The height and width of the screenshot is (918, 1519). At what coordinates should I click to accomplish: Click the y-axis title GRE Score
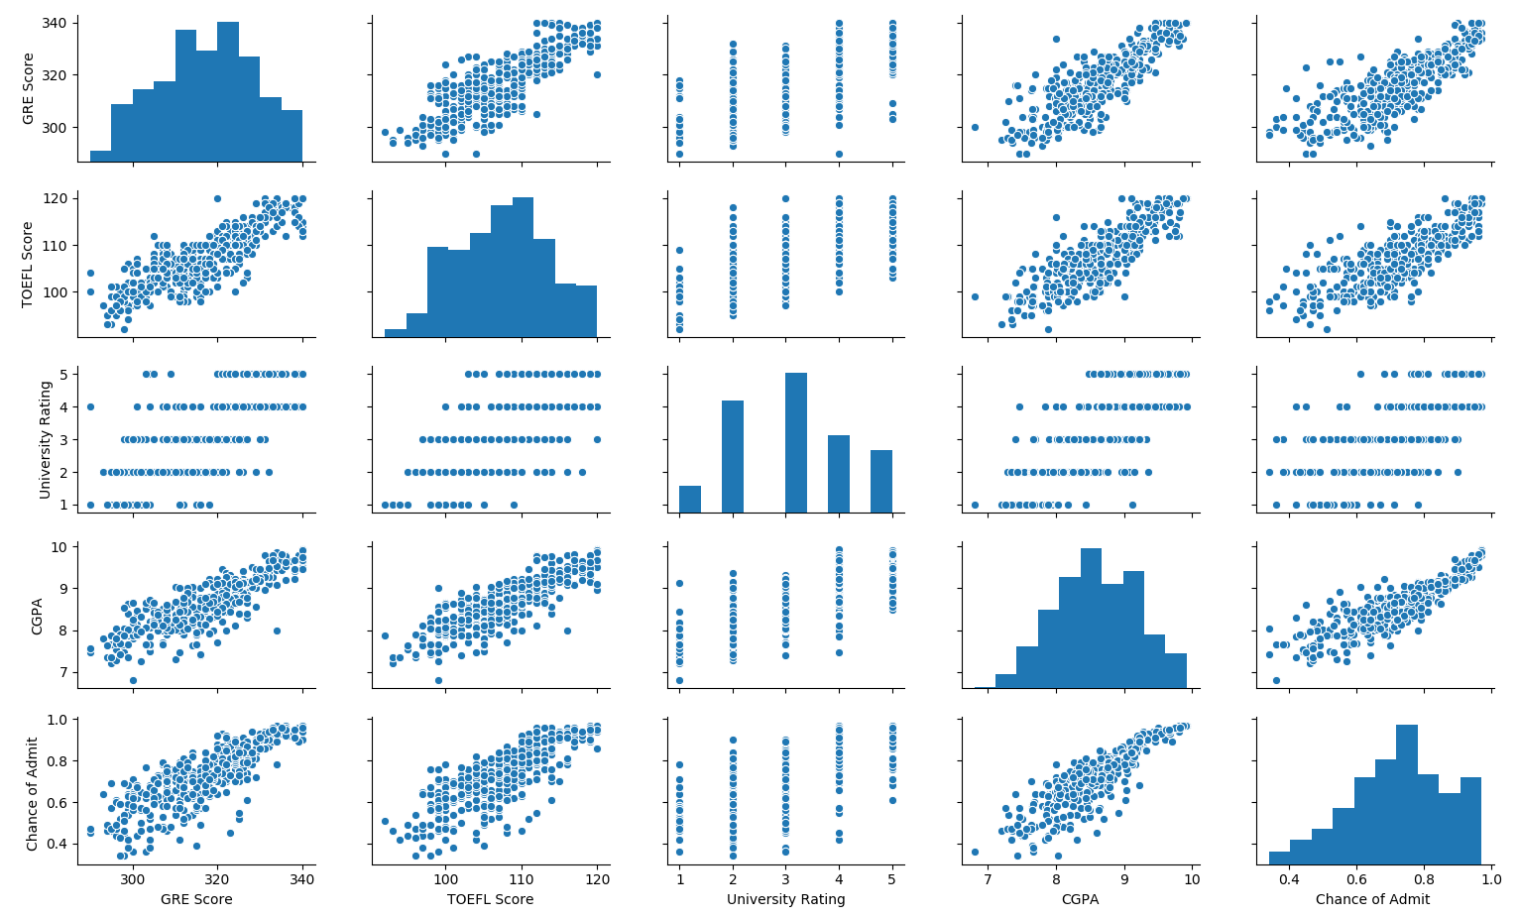click(30, 88)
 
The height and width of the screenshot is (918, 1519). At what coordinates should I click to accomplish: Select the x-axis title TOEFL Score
click(490, 899)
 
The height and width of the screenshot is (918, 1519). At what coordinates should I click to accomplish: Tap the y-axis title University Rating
click(46, 439)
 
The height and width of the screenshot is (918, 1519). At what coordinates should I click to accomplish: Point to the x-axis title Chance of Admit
click(1372, 899)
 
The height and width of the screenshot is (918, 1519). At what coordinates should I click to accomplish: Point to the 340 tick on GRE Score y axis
click(58, 23)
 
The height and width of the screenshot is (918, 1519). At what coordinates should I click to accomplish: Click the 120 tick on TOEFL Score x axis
click(597, 877)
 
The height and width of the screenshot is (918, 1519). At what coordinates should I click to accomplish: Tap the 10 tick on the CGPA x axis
click(1192, 877)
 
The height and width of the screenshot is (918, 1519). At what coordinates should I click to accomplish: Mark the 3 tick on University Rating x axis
click(785, 877)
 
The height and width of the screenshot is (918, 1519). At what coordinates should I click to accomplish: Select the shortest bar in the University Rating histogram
click(690, 499)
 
